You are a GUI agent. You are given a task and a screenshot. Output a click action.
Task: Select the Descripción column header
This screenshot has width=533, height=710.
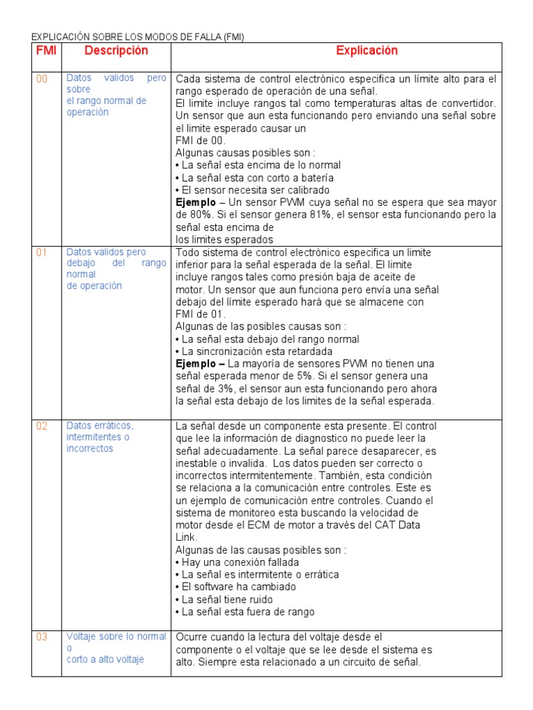pyautogui.click(x=116, y=51)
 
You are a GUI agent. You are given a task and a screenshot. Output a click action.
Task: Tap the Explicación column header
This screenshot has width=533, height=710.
pyautogui.click(x=367, y=51)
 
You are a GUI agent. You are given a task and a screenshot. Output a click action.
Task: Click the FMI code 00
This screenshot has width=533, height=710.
pyautogui.click(x=42, y=79)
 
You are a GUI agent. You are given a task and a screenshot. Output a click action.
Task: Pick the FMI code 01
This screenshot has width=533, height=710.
pyautogui.click(x=42, y=252)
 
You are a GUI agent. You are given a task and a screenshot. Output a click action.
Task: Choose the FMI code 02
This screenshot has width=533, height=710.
pyautogui.click(x=42, y=426)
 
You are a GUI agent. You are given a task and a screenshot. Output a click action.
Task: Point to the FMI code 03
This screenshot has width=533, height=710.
pyautogui.click(x=42, y=637)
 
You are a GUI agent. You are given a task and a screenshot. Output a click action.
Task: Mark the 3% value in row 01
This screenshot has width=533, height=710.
pyautogui.click(x=221, y=388)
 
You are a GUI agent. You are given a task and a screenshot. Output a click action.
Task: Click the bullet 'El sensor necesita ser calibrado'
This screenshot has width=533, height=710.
pyautogui.click(x=253, y=190)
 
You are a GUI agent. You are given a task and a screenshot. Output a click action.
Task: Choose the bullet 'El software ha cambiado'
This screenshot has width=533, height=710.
pyautogui.click(x=237, y=587)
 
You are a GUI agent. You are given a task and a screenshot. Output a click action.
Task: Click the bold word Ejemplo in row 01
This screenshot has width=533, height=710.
pyautogui.click(x=199, y=363)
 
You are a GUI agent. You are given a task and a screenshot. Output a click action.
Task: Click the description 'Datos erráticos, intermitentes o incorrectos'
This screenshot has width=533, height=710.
pyautogui.click(x=99, y=437)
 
